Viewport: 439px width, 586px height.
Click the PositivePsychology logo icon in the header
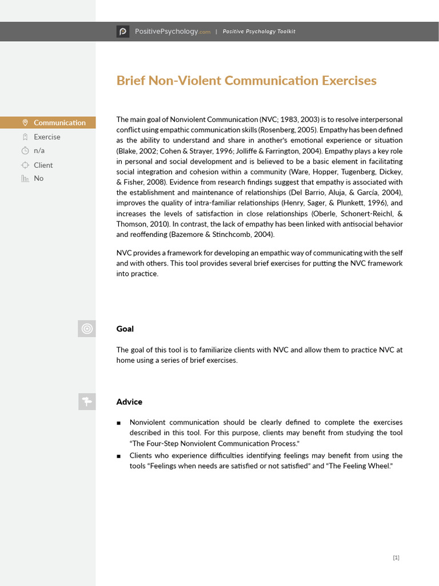pos(123,31)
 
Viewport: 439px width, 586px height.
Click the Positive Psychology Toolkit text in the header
pos(259,31)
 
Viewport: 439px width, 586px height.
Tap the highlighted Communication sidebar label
pos(59,122)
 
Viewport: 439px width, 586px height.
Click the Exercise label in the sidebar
pos(47,137)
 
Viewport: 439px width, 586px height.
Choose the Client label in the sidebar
pos(43,165)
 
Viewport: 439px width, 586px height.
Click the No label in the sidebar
pos(38,179)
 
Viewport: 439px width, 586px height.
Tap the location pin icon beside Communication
pos(25,122)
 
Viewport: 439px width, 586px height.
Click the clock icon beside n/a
pos(25,151)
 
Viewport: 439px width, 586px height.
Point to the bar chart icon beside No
pos(25,179)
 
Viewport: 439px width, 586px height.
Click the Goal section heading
pos(125,329)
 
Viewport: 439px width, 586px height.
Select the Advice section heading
pos(129,402)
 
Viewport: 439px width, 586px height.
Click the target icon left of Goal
pos(87,328)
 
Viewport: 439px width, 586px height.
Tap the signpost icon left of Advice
pos(87,402)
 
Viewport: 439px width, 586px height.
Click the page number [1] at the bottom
pos(396,558)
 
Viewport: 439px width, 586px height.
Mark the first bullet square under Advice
pos(118,423)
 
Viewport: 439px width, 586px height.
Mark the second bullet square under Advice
pos(118,456)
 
